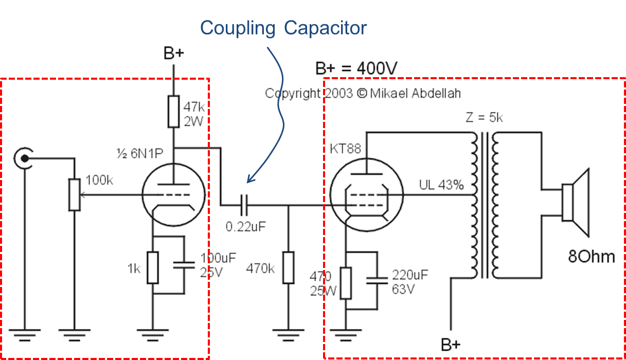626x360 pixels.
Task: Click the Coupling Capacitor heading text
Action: [283, 27]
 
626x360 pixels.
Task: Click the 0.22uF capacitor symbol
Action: [244, 206]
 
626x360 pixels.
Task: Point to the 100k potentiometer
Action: [75, 195]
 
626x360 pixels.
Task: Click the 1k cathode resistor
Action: [152, 268]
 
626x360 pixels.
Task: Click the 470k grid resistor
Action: [288, 267]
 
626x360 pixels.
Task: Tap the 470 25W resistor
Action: [346, 283]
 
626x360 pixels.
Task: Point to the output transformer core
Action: [484, 206]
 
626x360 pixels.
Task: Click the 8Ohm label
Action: [591, 257]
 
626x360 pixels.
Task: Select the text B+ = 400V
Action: [357, 68]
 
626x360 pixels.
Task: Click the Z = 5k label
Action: [484, 118]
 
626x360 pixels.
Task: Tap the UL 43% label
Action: [441, 185]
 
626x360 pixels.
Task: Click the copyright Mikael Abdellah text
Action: [363, 93]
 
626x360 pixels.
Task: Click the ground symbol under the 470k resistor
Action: [288, 335]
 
